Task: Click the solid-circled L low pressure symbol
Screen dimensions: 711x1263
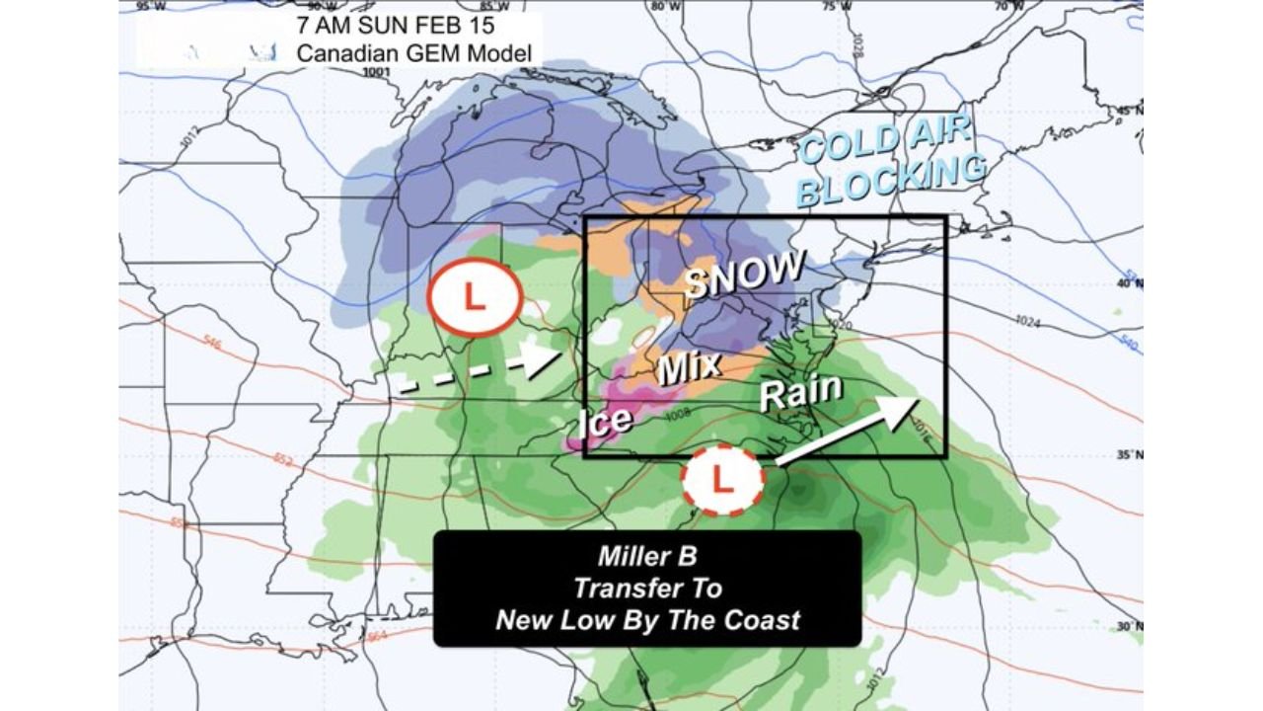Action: (x=475, y=297)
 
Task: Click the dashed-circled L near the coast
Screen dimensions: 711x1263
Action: (x=723, y=480)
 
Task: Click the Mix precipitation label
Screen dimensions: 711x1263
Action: (x=689, y=369)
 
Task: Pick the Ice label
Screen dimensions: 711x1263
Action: (x=604, y=420)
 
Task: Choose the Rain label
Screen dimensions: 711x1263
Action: (x=800, y=392)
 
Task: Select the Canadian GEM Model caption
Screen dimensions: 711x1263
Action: (x=414, y=53)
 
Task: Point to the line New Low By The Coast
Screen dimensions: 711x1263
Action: (x=646, y=620)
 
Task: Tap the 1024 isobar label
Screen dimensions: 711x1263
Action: (x=1029, y=321)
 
